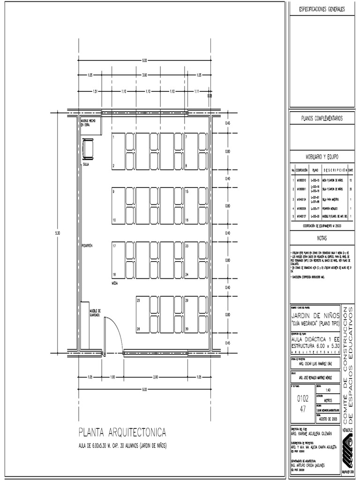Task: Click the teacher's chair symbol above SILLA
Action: click(88, 150)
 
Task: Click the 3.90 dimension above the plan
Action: click(144, 75)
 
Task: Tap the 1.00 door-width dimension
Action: click(112, 377)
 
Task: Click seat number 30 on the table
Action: click(187, 329)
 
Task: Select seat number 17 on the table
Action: click(114, 246)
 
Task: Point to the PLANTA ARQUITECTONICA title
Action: click(122, 432)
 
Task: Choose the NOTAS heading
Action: click(321, 238)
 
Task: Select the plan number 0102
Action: click(303, 399)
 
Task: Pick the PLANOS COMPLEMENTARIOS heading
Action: click(321, 119)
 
